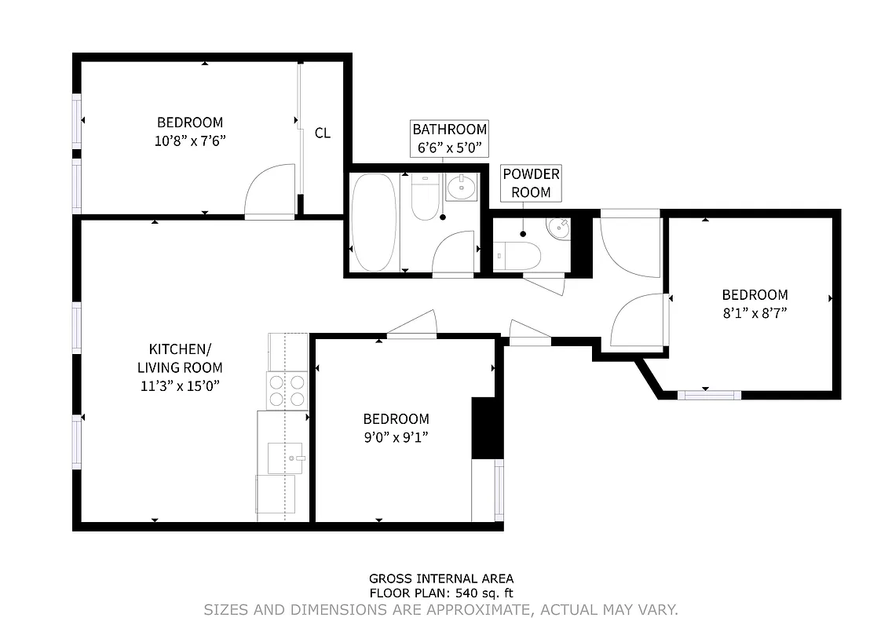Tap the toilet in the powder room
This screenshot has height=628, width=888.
pyautogui.click(x=519, y=254)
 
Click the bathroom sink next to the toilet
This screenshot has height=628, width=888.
pyautogui.click(x=461, y=188)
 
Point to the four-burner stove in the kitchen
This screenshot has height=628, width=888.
pyautogui.click(x=287, y=390)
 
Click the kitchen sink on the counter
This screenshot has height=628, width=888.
pyautogui.click(x=285, y=458)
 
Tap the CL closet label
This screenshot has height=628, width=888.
pyautogui.click(x=323, y=133)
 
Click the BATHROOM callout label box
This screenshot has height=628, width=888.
pyautogui.click(x=449, y=138)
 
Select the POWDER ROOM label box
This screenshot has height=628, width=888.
pyautogui.click(x=531, y=183)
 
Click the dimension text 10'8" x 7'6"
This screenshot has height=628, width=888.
pyautogui.click(x=190, y=141)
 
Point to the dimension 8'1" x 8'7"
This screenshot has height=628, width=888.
pyautogui.click(x=755, y=312)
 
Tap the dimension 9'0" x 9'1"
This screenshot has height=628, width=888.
pyautogui.click(x=396, y=436)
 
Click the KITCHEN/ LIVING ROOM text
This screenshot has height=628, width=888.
pyautogui.click(x=180, y=358)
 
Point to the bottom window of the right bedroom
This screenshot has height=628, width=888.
pyautogui.click(x=709, y=394)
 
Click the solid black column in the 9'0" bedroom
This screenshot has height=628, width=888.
pyautogui.click(x=487, y=428)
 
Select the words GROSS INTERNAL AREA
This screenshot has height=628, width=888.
pyautogui.click(x=441, y=579)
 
